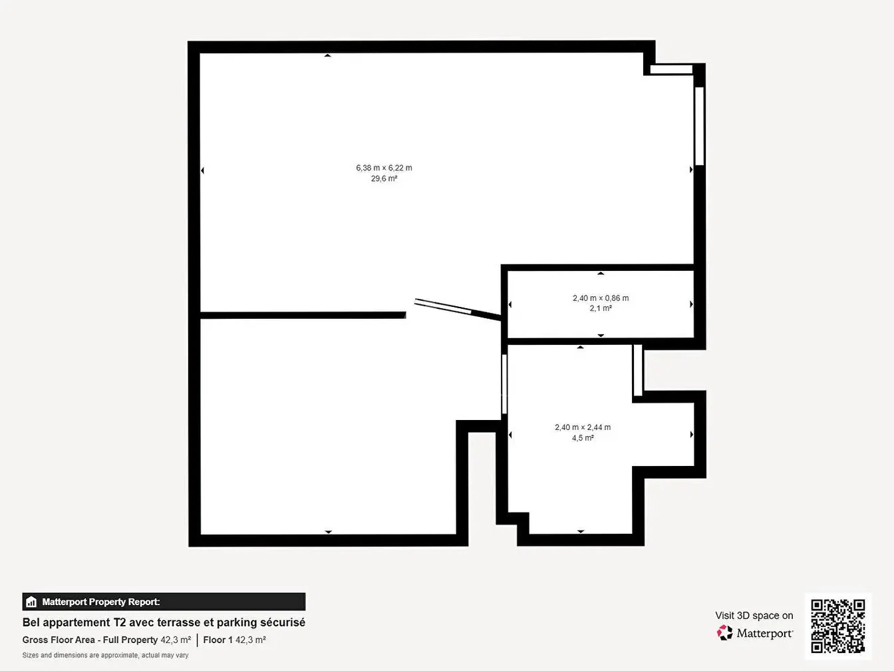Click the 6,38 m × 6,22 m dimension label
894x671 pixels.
click(x=384, y=168)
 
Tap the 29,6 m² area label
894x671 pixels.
click(x=384, y=178)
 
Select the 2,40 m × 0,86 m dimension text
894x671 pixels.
click(x=601, y=298)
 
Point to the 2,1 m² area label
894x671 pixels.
click(x=601, y=308)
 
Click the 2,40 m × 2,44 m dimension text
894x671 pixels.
click(x=583, y=427)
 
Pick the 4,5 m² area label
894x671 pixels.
click(x=583, y=438)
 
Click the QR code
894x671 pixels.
click(x=838, y=626)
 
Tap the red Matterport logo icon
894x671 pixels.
click(x=724, y=632)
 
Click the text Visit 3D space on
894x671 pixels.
click(x=754, y=616)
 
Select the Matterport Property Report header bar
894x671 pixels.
click(x=164, y=602)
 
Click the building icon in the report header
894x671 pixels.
click(x=31, y=602)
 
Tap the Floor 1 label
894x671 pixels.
click(x=218, y=640)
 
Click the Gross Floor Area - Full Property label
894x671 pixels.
click(x=90, y=640)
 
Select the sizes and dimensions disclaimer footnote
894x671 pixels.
click(x=106, y=656)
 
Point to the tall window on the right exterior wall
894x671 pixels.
click(x=699, y=126)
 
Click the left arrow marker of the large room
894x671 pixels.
click(x=202, y=170)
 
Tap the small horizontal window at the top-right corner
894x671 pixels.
click(x=671, y=69)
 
